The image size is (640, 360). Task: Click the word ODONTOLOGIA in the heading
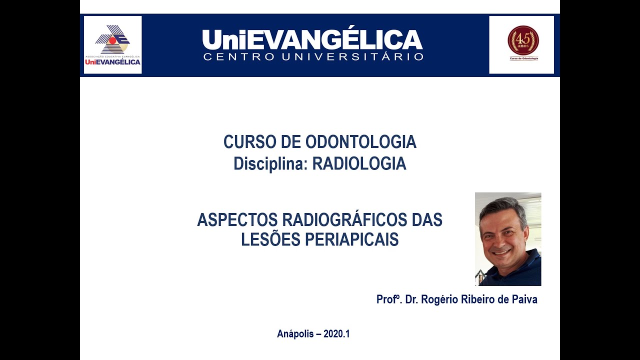(x=360, y=142)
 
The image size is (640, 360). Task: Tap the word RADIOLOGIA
(x=359, y=164)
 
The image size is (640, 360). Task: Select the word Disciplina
(x=270, y=164)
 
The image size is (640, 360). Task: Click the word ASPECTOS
(x=237, y=220)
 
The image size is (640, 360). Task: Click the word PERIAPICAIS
(x=351, y=240)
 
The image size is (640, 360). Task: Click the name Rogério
(x=438, y=299)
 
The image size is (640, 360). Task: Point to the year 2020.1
(x=336, y=334)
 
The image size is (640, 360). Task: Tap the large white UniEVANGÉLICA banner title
(x=312, y=39)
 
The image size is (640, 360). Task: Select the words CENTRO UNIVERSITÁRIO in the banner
(x=313, y=56)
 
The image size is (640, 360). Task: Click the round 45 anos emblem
(x=523, y=40)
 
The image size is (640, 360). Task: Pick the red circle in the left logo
(x=113, y=40)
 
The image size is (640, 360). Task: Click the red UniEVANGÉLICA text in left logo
(x=112, y=62)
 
